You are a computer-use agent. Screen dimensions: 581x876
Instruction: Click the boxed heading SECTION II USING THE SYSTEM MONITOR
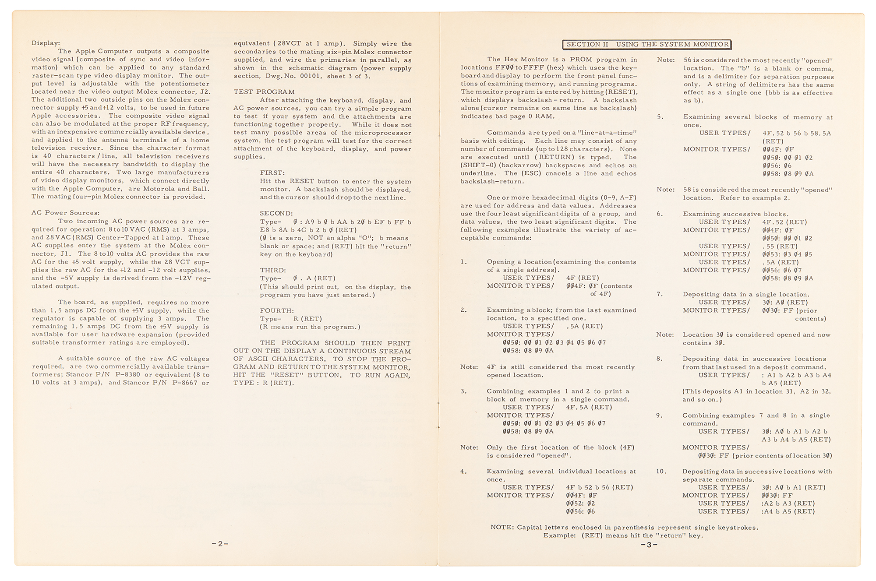tap(647, 44)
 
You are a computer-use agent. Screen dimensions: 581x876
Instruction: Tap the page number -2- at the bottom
tap(220, 544)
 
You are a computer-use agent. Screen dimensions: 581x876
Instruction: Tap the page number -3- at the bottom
tap(649, 545)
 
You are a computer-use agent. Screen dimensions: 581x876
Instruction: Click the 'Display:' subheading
tap(46, 43)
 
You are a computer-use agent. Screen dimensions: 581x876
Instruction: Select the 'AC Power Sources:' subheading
tap(65, 213)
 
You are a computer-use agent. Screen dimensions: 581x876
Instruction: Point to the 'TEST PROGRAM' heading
tap(264, 92)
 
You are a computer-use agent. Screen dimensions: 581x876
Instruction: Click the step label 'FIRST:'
tap(272, 173)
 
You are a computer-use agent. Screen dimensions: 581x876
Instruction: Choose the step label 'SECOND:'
tap(276, 214)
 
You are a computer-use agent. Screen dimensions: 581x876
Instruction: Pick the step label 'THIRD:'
tap(272, 270)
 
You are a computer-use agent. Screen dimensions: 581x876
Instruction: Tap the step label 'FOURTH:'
tap(276, 310)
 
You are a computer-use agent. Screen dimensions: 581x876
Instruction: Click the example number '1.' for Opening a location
tap(464, 262)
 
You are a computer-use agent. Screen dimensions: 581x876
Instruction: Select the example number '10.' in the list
tap(661, 472)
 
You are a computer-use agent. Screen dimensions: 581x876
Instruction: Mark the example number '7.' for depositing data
tap(660, 294)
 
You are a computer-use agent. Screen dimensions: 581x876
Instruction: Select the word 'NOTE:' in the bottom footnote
tap(502, 527)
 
